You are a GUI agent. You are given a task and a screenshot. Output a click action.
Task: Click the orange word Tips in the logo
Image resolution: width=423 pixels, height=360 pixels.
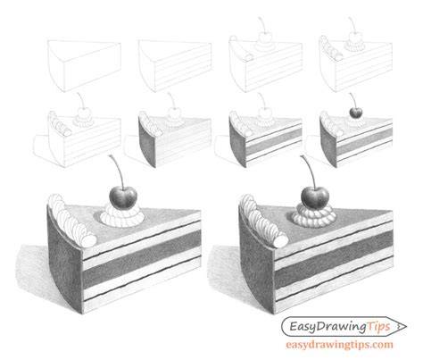[378, 327]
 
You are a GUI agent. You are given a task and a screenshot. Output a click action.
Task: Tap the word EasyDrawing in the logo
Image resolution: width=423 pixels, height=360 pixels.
[328, 327]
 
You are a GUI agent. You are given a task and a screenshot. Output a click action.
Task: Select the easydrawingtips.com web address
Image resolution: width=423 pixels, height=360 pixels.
[339, 345]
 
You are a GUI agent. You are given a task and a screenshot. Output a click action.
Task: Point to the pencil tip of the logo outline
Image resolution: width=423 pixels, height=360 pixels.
[406, 326]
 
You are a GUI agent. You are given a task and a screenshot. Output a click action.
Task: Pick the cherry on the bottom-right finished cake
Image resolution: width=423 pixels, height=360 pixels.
[315, 197]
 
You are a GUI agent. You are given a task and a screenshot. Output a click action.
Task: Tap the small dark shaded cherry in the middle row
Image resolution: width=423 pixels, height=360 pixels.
[356, 113]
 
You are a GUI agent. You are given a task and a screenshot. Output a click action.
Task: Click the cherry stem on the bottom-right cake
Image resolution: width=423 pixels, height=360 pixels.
[309, 171]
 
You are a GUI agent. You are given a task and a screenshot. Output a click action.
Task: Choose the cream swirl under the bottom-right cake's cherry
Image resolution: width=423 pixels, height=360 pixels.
[313, 216]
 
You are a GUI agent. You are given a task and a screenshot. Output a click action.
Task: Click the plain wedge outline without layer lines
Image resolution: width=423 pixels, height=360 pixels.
[84, 66]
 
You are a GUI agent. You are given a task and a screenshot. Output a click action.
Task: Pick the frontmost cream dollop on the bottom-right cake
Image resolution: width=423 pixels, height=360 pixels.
[279, 241]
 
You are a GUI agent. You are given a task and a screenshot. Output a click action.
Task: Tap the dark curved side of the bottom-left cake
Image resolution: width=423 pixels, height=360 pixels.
[64, 262]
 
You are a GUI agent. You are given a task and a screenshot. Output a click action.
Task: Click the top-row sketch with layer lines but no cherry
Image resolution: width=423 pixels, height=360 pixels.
[175, 66]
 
